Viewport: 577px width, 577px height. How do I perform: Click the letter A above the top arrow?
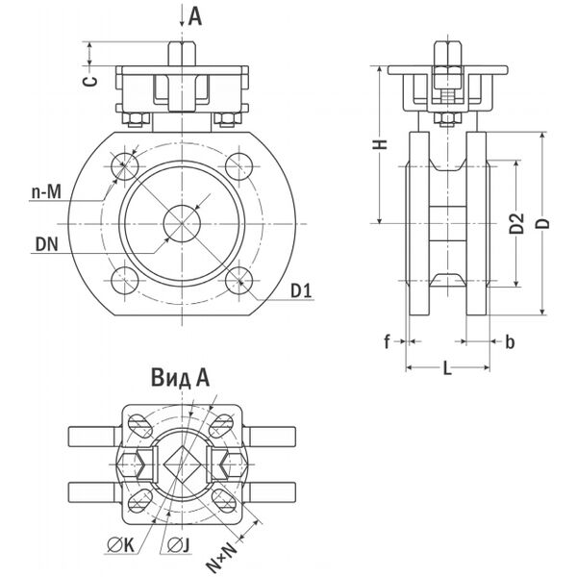(195, 15)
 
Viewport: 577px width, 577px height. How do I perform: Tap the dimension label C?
(88, 81)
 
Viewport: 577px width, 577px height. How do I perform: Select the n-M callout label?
(46, 193)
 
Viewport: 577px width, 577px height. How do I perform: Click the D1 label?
(301, 289)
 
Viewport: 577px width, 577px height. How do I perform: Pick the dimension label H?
(380, 144)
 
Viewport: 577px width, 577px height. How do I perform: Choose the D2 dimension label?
(516, 223)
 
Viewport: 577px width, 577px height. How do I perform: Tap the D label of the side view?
(543, 223)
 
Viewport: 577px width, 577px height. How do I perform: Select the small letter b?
(510, 341)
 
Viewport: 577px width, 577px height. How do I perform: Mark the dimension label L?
(448, 366)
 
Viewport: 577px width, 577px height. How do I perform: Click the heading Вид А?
(180, 378)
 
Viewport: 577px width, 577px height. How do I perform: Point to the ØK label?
(122, 546)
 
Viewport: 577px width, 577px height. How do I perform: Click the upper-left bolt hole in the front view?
(124, 166)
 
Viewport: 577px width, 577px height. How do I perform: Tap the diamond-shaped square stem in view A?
(181, 463)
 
